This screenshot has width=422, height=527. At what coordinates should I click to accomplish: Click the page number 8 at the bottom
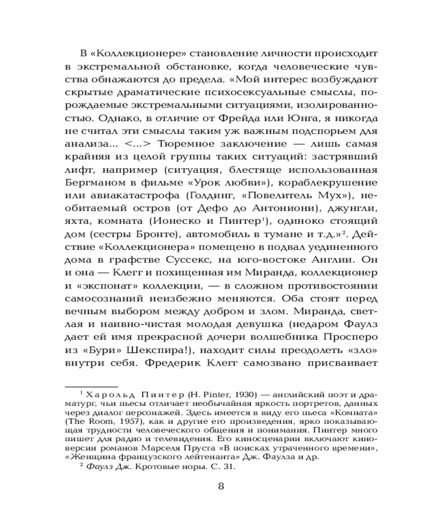tap(221, 485)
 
